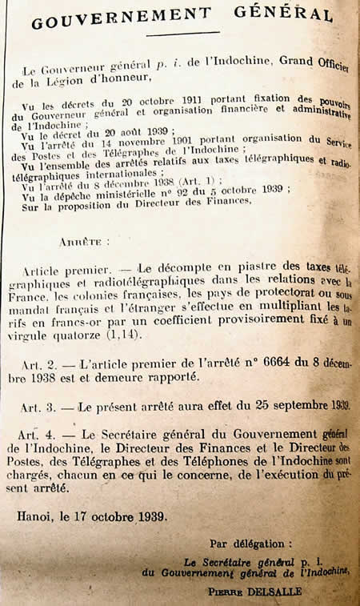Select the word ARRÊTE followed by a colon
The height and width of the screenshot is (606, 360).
click(79, 240)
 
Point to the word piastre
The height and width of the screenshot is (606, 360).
click(222, 267)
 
